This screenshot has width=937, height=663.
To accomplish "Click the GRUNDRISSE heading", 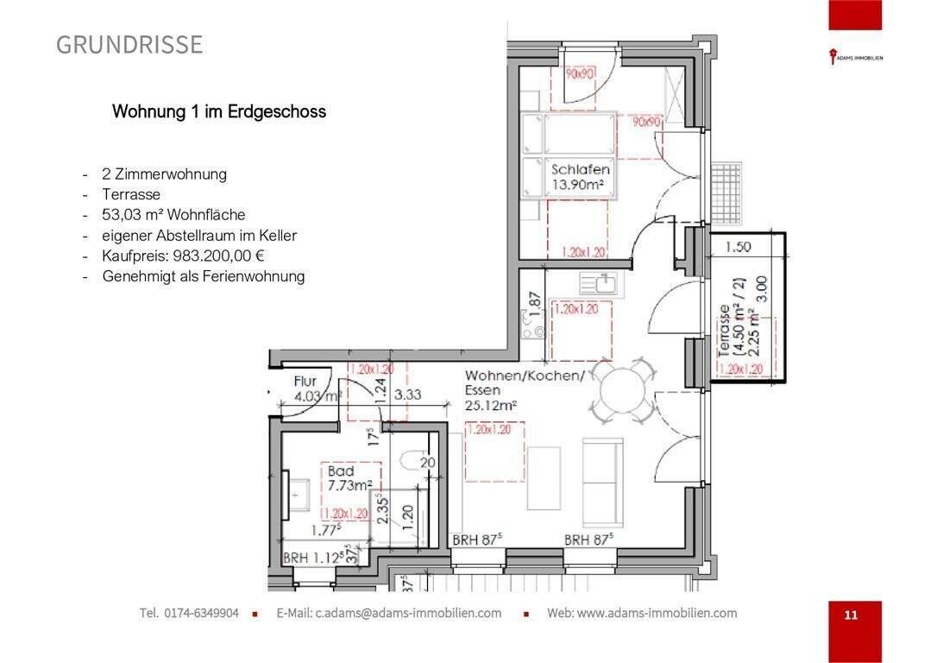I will pyautogui.click(x=129, y=45).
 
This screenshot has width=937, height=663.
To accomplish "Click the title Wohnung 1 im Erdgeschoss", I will pyautogui.click(x=219, y=112).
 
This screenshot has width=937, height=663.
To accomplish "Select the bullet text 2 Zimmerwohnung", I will pyautogui.click(x=164, y=174).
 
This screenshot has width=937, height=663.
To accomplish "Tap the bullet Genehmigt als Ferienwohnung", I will pyautogui.click(x=203, y=277).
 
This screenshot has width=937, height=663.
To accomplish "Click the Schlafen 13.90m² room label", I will pyautogui.click(x=581, y=178).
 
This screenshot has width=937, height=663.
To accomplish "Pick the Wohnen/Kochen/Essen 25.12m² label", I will pyautogui.click(x=525, y=390).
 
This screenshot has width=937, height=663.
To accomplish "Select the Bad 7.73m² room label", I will pyautogui.click(x=349, y=479).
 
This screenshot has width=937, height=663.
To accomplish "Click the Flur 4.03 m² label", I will pyautogui.click(x=315, y=388).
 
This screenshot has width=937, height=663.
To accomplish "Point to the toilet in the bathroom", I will pyautogui.click(x=412, y=460).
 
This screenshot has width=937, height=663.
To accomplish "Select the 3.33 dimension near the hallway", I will pyautogui.click(x=407, y=395).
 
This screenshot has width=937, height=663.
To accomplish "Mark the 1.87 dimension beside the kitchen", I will pyautogui.click(x=535, y=302).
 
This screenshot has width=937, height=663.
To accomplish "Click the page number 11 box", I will pyautogui.click(x=851, y=615).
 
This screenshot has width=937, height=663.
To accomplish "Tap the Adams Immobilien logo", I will pyautogui.click(x=855, y=59).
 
